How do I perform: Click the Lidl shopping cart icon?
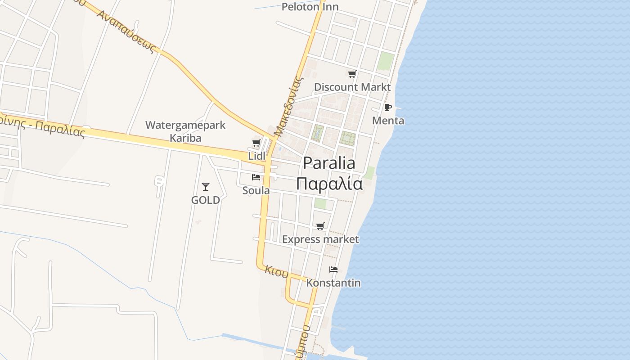click(x=256, y=143)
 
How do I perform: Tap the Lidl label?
click(x=257, y=156)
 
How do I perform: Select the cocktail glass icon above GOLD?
click(x=206, y=186)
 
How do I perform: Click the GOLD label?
click(x=206, y=200)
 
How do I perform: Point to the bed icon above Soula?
click(x=256, y=177)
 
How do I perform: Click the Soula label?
click(x=256, y=190)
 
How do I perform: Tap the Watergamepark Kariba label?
click(x=185, y=131)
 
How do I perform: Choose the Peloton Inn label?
click(x=310, y=7)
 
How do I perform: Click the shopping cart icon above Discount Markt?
click(x=352, y=74)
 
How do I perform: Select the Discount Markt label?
click(x=352, y=87)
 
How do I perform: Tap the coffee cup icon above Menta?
click(x=388, y=108)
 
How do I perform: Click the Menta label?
click(x=388, y=121)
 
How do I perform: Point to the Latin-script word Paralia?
click(x=329, y=163)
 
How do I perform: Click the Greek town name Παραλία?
click(x=329, y=184)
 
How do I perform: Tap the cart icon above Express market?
click(x=320, y=226)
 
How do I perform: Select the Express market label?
click(x=320, y=239)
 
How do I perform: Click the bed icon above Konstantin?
click(x=333, y=270)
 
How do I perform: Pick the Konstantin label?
click(x=333, y=283)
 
